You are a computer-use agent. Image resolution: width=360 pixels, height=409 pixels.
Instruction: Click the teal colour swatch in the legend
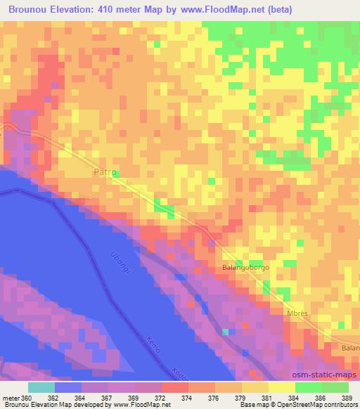pos(41,387)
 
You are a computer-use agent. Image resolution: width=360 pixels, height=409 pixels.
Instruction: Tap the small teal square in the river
pos(225,332)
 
